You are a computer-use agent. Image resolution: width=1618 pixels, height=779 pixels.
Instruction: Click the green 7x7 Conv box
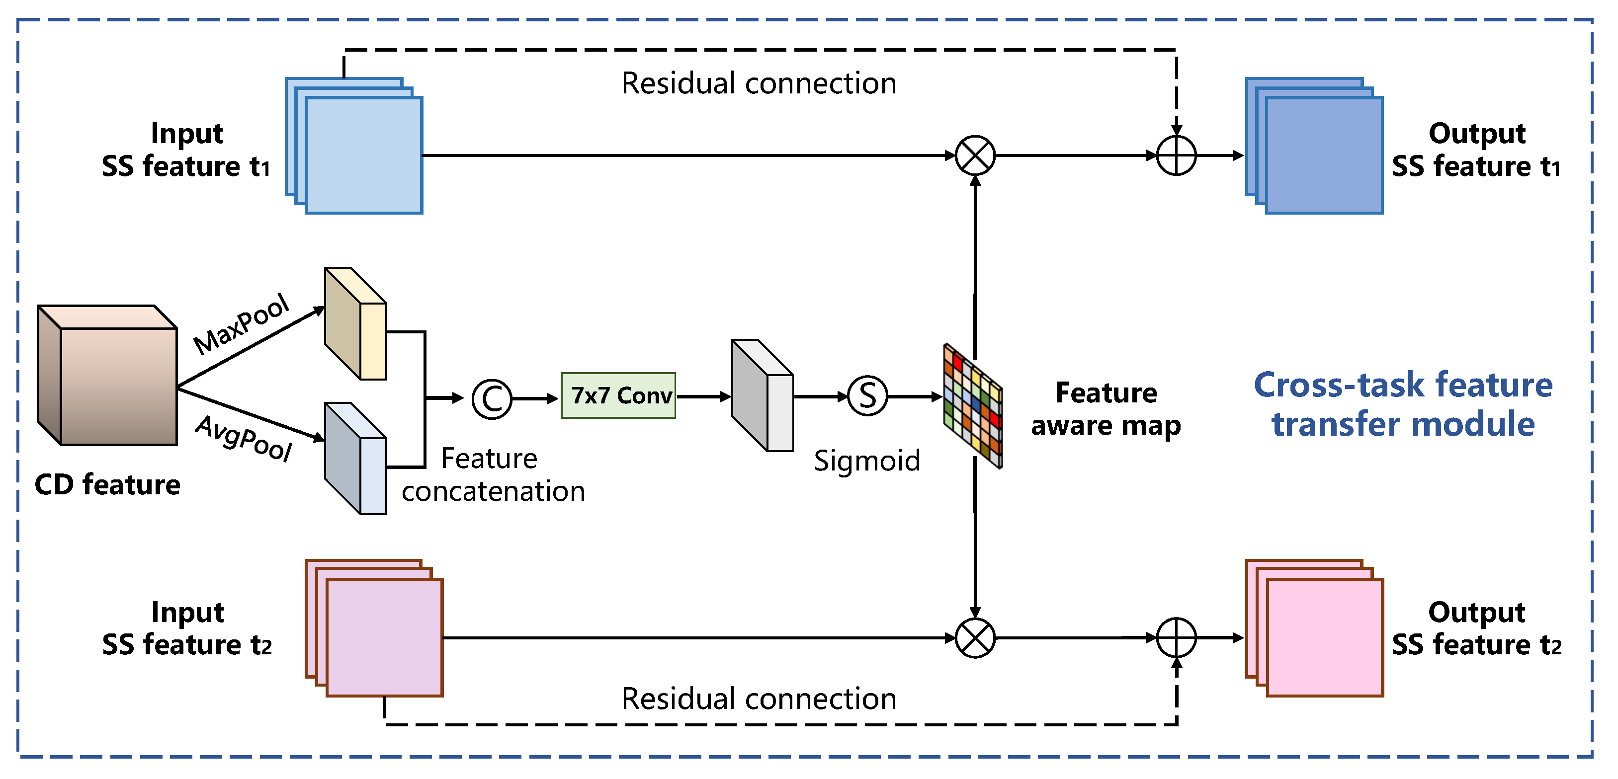[618, 395]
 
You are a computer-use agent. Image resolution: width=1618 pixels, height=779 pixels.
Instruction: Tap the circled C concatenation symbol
[492, 398]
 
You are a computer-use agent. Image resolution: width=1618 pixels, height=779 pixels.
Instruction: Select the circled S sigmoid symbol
[867, 396]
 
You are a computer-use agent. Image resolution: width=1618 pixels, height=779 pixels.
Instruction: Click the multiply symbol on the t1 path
[975, 156]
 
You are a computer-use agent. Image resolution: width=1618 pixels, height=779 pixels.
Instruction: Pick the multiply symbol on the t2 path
[975, 638]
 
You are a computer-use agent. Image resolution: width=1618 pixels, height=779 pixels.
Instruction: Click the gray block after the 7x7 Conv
[763, 395]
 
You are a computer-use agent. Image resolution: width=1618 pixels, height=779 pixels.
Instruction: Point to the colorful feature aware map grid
[973, 405]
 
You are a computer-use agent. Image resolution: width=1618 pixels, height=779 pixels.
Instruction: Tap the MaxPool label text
[241, 324]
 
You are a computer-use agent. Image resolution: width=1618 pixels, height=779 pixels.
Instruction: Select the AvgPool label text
[244, 439]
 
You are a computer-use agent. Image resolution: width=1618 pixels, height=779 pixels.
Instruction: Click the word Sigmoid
[867, 461]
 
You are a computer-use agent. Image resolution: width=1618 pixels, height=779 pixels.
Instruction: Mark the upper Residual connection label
[759, 83]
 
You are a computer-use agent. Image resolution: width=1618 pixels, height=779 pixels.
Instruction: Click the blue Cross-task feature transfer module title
[1403, 404]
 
